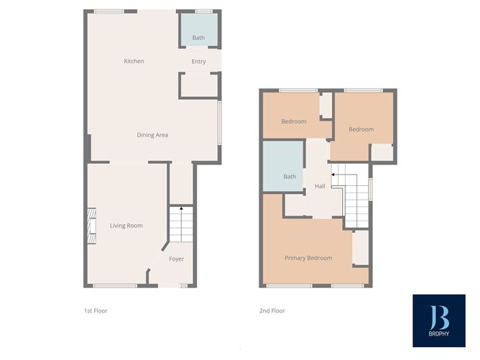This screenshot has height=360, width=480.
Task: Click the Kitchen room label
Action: (134, 61)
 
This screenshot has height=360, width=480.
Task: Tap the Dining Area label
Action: (152, 134)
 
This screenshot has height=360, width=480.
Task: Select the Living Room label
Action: (126, 226)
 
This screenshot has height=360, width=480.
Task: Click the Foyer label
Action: (177, 259)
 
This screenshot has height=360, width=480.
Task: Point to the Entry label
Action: (199, 62)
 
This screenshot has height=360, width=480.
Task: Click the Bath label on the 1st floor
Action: (198, 37)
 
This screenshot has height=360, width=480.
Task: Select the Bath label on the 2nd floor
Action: (290, 177)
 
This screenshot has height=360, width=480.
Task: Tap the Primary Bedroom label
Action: (308, 258)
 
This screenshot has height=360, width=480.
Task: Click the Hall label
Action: (320, 187)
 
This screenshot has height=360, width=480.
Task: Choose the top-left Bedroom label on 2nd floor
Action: (294, 121)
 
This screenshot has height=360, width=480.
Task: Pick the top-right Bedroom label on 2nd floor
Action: (361, 129)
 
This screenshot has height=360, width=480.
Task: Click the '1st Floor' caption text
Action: (96, 311)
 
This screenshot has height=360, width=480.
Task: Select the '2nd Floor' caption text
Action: (272, 311)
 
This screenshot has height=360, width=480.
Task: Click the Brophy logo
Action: (438, 320)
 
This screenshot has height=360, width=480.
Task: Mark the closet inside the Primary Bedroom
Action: (360, 248)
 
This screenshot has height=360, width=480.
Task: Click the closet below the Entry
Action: (199, 85)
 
